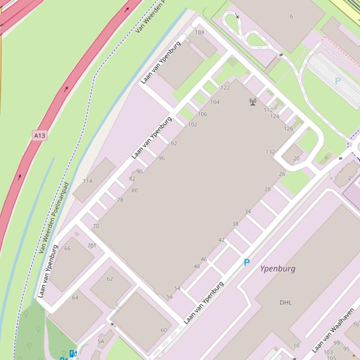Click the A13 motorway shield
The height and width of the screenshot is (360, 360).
tap(40, 136)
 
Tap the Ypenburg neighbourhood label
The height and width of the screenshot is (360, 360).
tap(278, 269)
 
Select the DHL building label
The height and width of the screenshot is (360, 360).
tap(286, 302)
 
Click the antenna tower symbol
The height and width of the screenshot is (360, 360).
tap(253, 101)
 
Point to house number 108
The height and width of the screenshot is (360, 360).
tap(199, 32)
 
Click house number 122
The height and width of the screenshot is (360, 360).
tap(225, 87)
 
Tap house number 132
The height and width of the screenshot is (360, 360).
tap(270, 151)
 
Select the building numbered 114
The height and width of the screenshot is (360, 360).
tap(88, 181)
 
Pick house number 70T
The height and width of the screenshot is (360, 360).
tap(92, 245)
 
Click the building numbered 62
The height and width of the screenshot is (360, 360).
tap(110, 279)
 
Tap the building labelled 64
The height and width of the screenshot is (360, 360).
tap(75, 297)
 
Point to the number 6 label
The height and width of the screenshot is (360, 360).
tap(291, 17)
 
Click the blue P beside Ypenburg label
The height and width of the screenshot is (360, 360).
tap(247, 263)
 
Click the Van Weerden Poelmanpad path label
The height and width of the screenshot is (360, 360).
tap(54, 218)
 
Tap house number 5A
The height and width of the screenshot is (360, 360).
tap(101, 342)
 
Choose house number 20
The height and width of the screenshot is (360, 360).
tap(296, 158)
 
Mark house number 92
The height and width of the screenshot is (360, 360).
tap(174, 144)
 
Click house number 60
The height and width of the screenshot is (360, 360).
tap(164, 330)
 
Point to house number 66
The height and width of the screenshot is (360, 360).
tap(67, 248)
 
